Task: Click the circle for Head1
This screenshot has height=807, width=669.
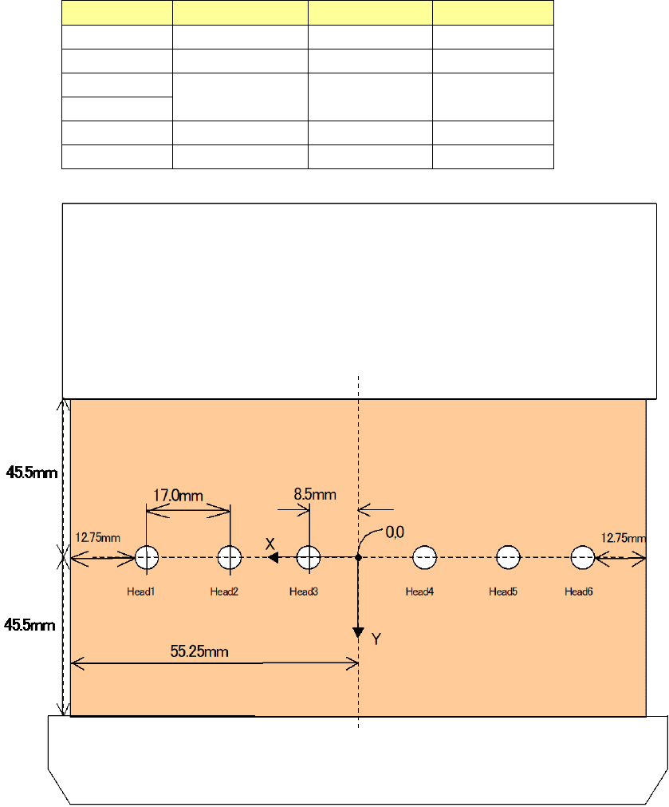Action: (x=146, y=558)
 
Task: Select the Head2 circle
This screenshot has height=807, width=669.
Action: (x=230, y=558)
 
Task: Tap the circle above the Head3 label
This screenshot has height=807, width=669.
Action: (x=309, y=558)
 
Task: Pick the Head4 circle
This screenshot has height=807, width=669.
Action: (x=424, y=558)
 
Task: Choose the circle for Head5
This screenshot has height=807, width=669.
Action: (x=508, y=558)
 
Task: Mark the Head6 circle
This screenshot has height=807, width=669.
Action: (x=583, y=558)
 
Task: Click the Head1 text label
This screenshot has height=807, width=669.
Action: (x=140, y=591)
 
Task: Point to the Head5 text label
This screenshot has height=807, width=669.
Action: (x=502, y=591)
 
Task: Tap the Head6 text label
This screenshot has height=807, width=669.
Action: (x=579, y=591)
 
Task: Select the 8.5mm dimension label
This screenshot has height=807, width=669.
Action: (x=315, y=494)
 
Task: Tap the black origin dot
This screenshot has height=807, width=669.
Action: (x=358, y=558)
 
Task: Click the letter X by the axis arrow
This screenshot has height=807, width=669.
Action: (x=270, y=544)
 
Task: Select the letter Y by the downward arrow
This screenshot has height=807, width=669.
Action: (x=377, y=638)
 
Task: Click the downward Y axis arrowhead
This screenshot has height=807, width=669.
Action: (x=358, y=632)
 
